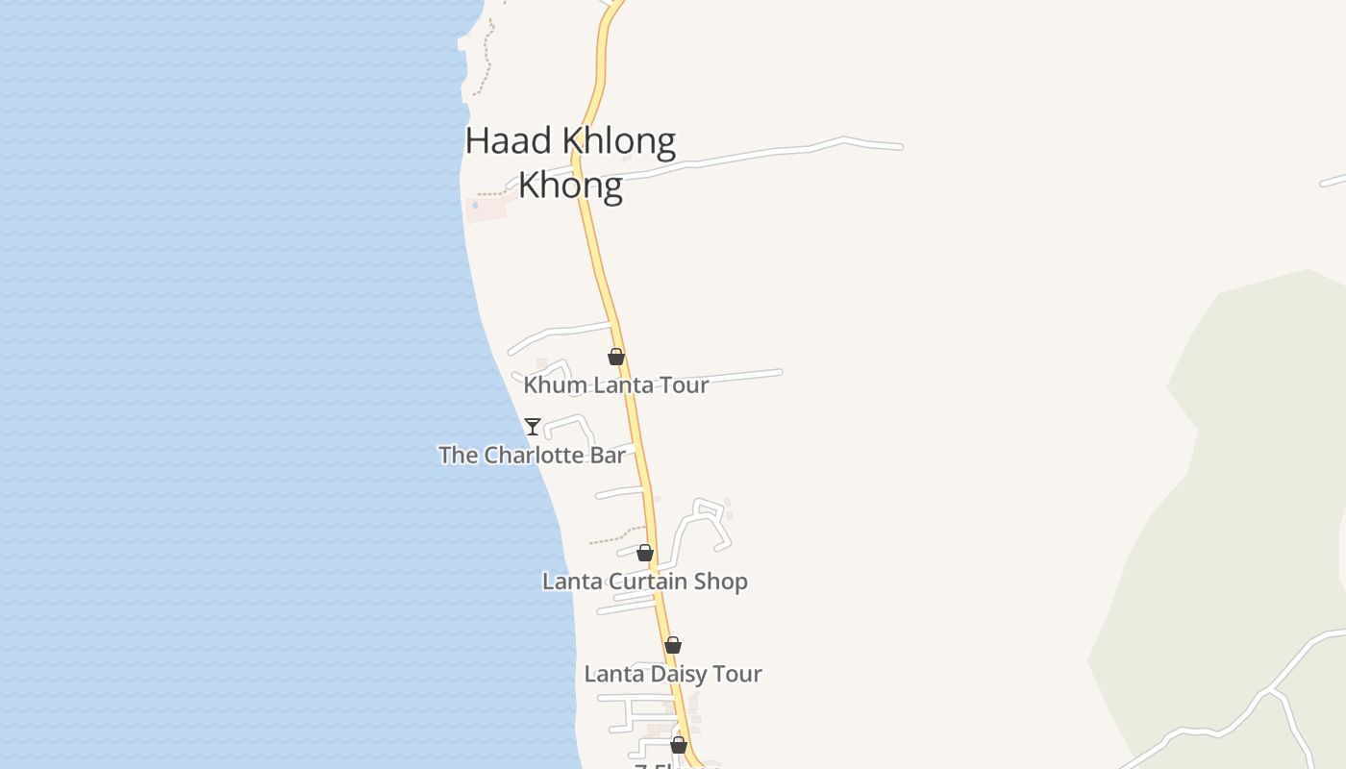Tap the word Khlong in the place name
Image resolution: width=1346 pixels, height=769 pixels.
[x=618, y=142]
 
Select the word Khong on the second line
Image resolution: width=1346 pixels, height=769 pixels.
[x=570, y=185]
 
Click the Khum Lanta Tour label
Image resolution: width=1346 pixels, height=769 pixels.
[x=616, y=385]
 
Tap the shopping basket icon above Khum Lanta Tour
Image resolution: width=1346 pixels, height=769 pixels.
[x=616, y=358]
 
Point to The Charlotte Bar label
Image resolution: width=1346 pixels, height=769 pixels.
[x=532, y=455]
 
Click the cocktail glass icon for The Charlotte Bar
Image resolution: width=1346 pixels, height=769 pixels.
[x=532, y=426]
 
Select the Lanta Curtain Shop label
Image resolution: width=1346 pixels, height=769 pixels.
[x=644, y=582]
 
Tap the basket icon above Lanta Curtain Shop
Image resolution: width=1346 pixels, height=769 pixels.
[x=645, y=553]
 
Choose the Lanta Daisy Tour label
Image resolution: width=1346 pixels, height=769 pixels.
[x=673, y=674]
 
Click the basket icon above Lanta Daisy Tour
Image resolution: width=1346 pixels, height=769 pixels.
[x=673, y=645]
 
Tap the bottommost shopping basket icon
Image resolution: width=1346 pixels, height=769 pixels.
[x=679, y=745]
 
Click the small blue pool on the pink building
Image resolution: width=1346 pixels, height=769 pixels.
[x=475, y=205]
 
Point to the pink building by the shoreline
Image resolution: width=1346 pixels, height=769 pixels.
[x=488, y=209]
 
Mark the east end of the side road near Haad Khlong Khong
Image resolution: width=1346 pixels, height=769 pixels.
[x=900, y=147]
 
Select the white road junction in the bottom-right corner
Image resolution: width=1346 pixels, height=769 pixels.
[x=1270, y=689]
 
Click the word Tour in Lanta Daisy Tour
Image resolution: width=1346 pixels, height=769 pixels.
[x=737, y=674]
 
